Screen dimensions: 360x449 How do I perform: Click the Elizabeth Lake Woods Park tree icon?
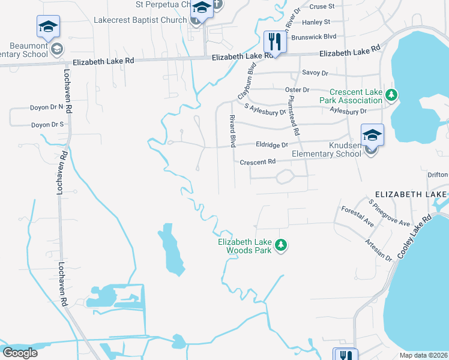coord(280,245)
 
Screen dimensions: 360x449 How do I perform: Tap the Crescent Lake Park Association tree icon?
coord(391,95)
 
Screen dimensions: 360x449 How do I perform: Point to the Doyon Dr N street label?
coord(47,107)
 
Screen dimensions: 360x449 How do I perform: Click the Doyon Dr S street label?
coord(47,125)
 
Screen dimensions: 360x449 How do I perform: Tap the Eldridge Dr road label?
coord(272,145)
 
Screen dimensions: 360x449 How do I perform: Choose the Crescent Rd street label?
coord(257,162)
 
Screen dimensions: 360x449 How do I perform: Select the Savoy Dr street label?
coord(316,73)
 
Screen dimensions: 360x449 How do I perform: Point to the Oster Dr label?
coord(297,89)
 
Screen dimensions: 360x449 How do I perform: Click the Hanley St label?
coord(316,22)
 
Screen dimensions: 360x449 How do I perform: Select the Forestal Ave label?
coord(358,216)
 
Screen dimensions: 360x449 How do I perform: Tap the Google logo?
coord(20,353)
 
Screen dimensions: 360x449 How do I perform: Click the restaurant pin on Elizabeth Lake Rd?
coord(272,42)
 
